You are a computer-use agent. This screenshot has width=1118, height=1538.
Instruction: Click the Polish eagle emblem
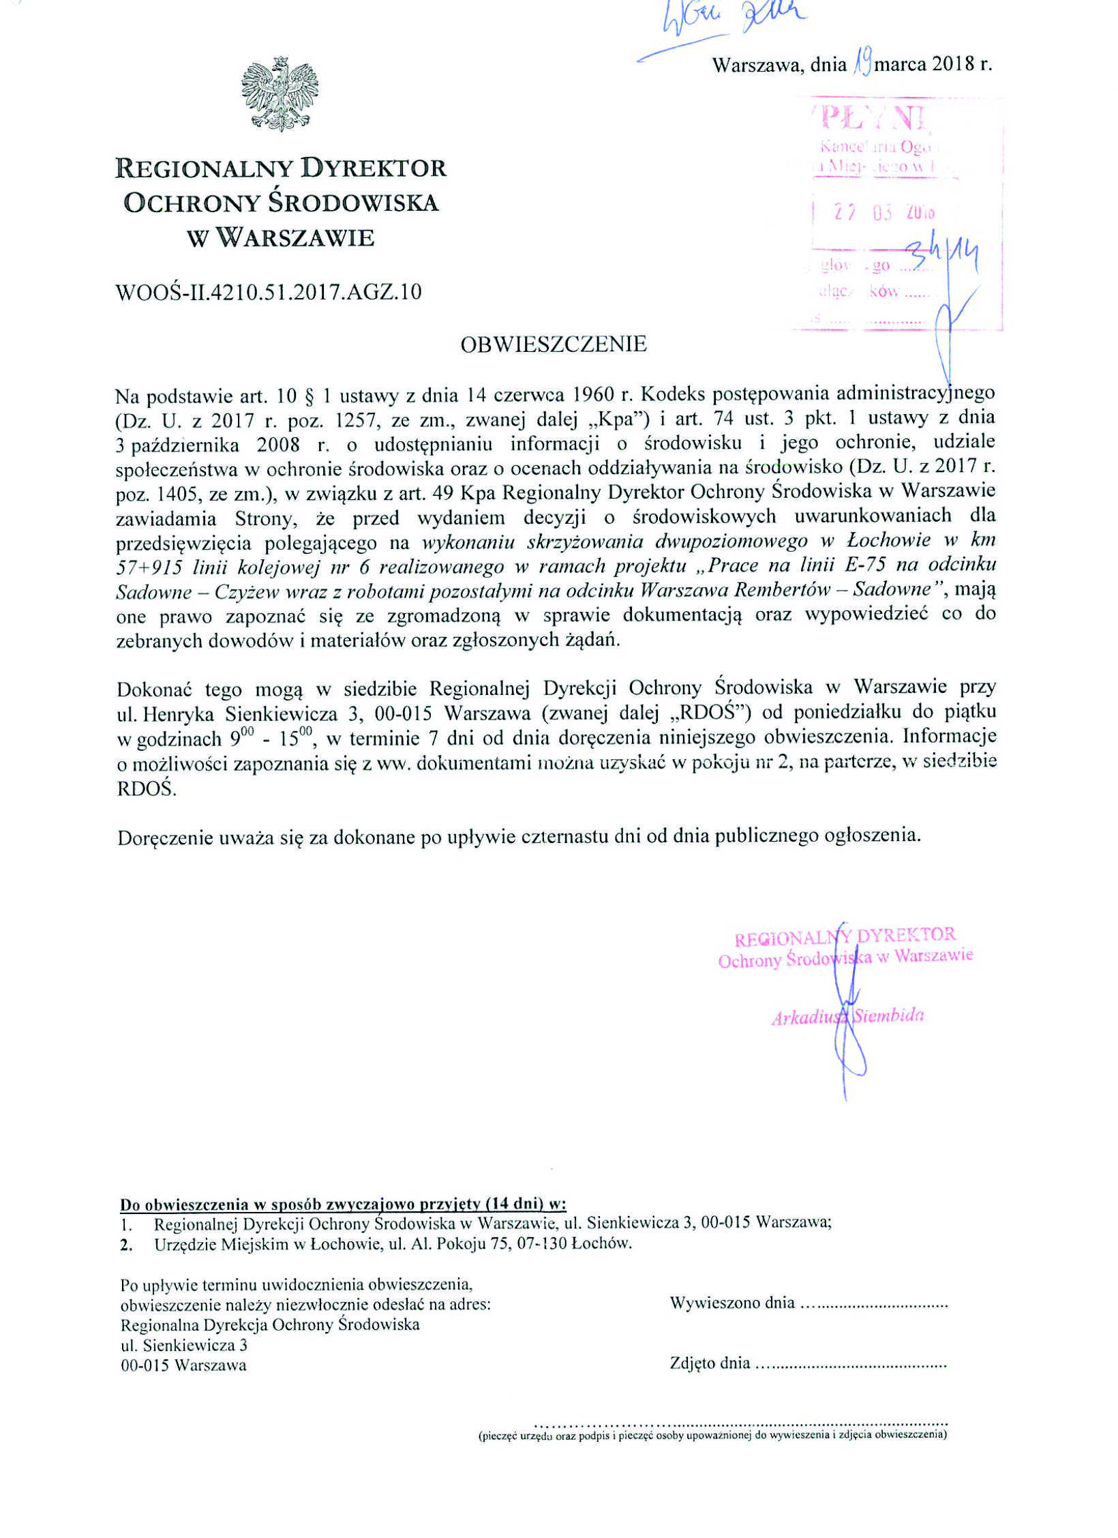(279, 94)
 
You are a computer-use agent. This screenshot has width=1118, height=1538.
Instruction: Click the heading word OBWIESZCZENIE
(553, 344)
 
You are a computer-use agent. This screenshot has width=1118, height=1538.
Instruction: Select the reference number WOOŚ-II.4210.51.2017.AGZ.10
(269, 292)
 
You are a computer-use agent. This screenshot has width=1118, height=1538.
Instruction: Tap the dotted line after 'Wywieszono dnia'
(873, 1303)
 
